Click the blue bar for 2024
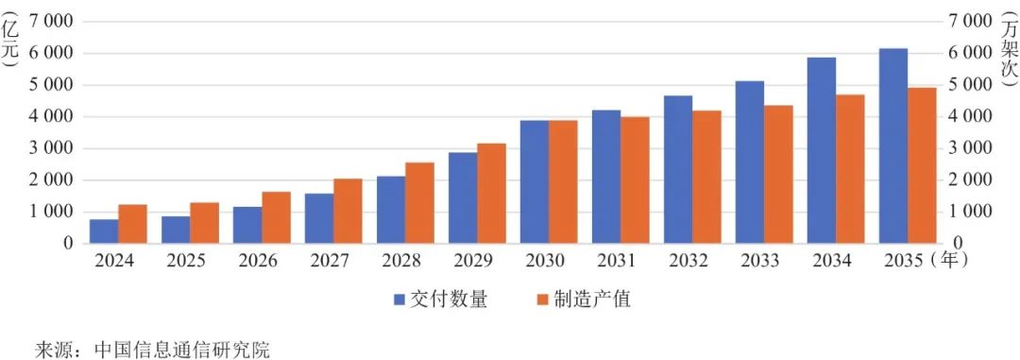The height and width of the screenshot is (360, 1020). point(104,231)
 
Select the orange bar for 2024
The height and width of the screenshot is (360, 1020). point(133,224)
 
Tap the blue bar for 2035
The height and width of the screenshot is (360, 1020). point(893,146)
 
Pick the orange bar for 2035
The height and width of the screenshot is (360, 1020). point(923,165)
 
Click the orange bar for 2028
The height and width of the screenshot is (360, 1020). point(420,203)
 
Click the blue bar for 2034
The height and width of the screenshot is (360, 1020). point(822,150)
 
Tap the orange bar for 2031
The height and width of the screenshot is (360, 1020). point(636,180)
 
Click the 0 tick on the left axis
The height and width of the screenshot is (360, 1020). point(68,244)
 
